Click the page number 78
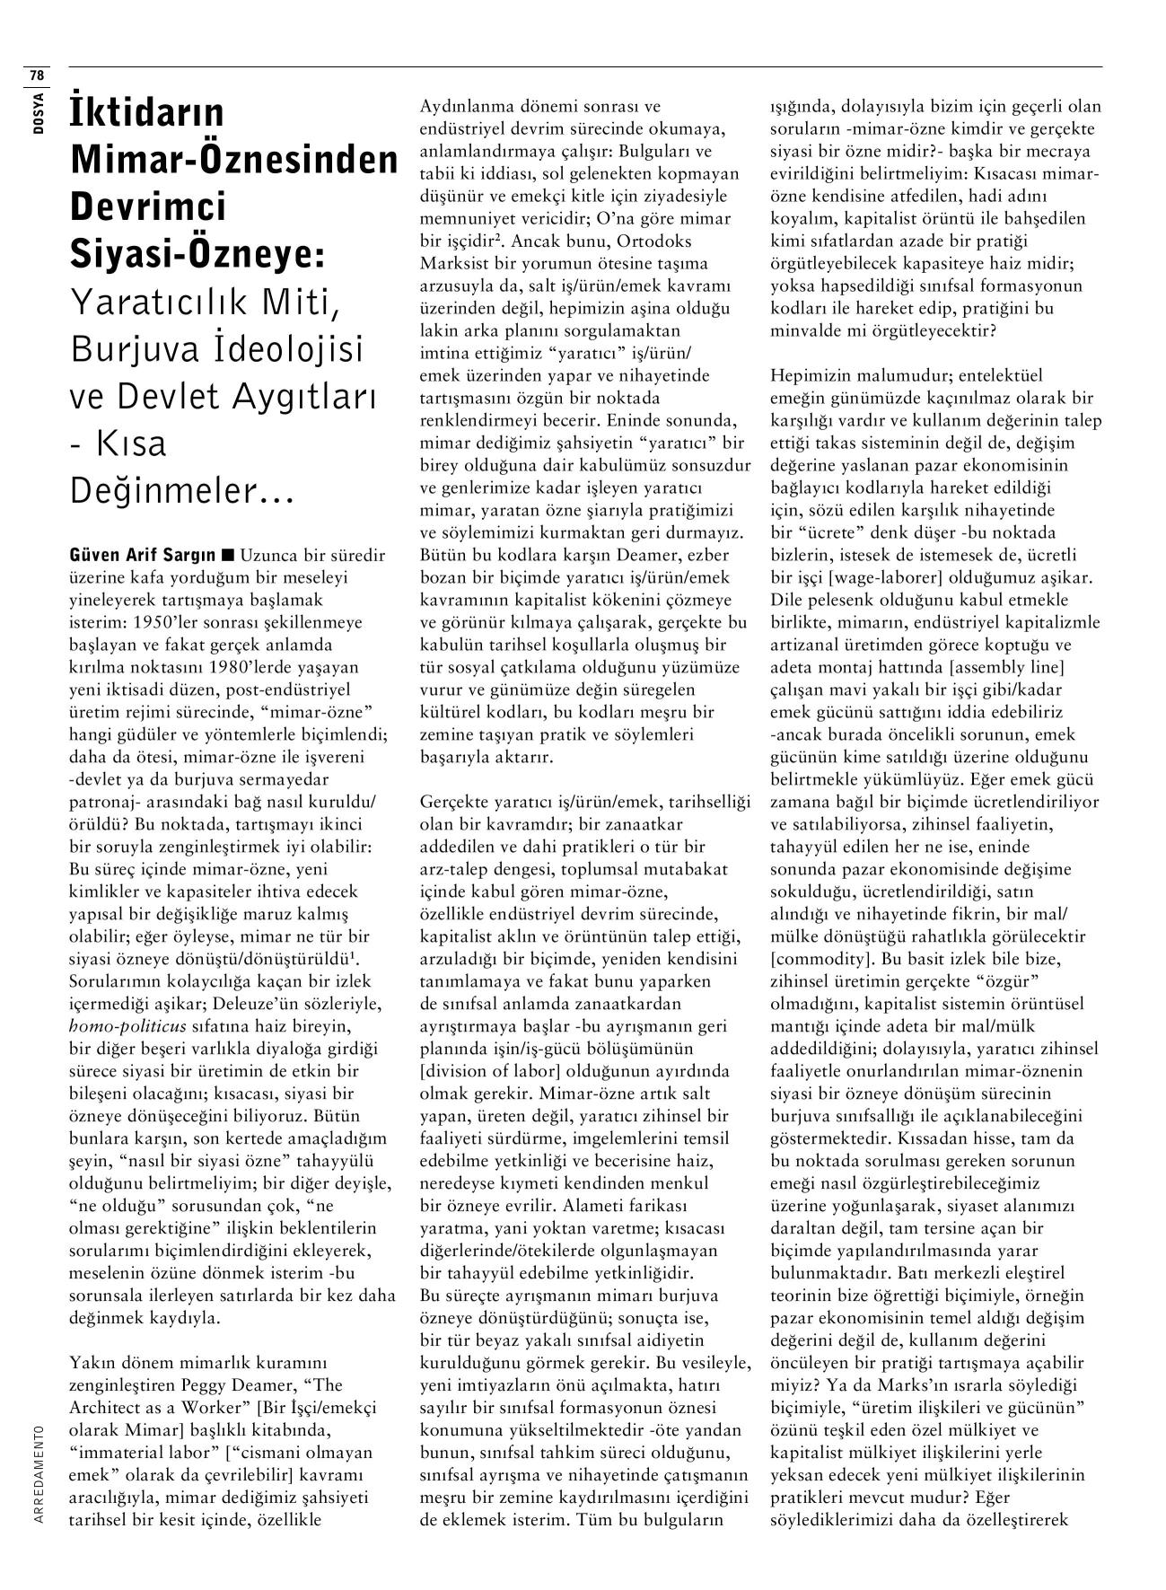[37, 74]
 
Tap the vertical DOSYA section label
[38, 111]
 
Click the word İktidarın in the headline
[147, 113]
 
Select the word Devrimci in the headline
[148, 206]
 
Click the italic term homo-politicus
[127, 1026]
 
